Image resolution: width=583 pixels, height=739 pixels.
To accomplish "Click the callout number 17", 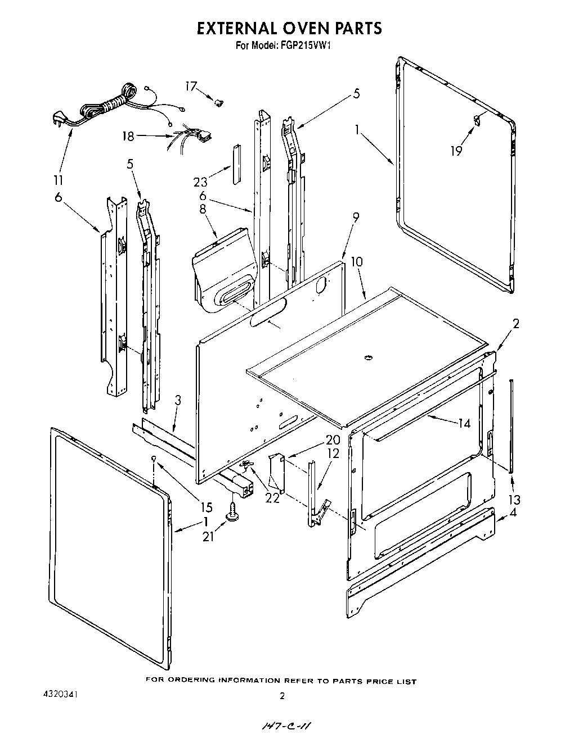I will click(x=191, y=86).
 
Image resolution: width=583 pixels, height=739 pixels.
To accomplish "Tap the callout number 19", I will click(x=456, y=151).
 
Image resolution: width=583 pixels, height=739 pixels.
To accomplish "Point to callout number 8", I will click(x=203, y=208).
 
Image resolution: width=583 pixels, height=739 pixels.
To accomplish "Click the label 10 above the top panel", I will click(x=356, y=261).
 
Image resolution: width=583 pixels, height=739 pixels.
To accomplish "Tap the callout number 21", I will click(x=208, y=536).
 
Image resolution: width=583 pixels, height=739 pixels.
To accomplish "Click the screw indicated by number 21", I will click(x=232, y=511).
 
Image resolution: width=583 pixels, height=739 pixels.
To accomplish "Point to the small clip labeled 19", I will click(x=476, y=119).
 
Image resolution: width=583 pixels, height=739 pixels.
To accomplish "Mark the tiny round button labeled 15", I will click(x=154, y=459).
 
